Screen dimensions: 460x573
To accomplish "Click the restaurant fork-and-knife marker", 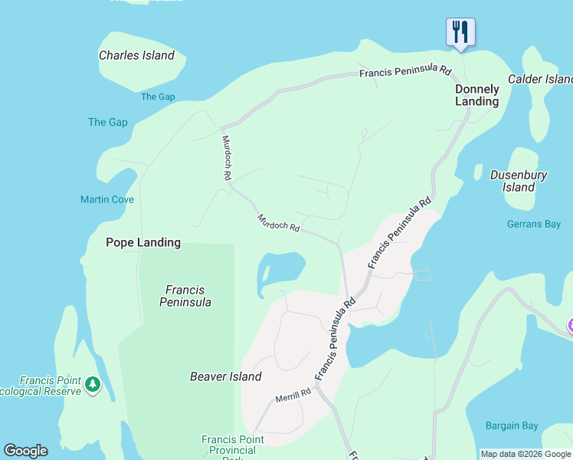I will click(x=460, y=32).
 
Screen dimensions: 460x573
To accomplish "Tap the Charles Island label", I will click(x=136, y=55).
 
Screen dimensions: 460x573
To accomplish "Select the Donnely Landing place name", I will click(x=476, y=95).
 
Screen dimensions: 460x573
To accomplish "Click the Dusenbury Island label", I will click(x=519, y=181).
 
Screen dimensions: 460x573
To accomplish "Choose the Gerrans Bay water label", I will click(x=533, y=225).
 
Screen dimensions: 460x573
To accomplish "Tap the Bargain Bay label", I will click(x=512, y=426).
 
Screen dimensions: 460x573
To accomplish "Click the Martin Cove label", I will click(x=107, y=199).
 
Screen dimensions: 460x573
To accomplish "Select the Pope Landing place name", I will click(x=143, y=242).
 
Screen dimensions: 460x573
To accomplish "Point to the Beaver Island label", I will click(x=226, y=376).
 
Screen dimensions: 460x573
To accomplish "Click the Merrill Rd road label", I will click(x=293, y=395).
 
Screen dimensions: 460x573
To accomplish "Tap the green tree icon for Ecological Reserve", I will click(x=93, y=383).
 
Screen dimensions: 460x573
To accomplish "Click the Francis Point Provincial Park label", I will click(x=232, y=445).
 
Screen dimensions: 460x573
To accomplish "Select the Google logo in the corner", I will click(x=25, y=451).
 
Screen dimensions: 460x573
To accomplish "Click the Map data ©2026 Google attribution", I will click(x=526, y=454).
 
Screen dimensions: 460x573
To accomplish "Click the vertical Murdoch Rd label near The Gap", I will click(x=227, y=157).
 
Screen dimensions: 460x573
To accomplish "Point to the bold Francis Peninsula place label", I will click(x=185, y=296).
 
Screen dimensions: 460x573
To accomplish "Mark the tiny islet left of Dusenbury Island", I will click(x=478, y=172).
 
